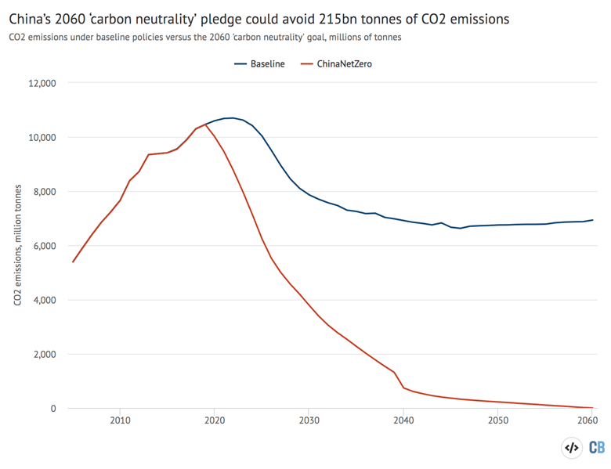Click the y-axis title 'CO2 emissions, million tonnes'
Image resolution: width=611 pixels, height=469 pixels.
click(x=18, y=246)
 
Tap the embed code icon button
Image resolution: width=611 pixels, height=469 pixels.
click(x=572, y=448)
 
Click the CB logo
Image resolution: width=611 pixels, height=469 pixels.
click(x=596, y=448)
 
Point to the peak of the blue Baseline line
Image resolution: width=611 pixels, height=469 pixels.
click(x=232, y=118)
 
